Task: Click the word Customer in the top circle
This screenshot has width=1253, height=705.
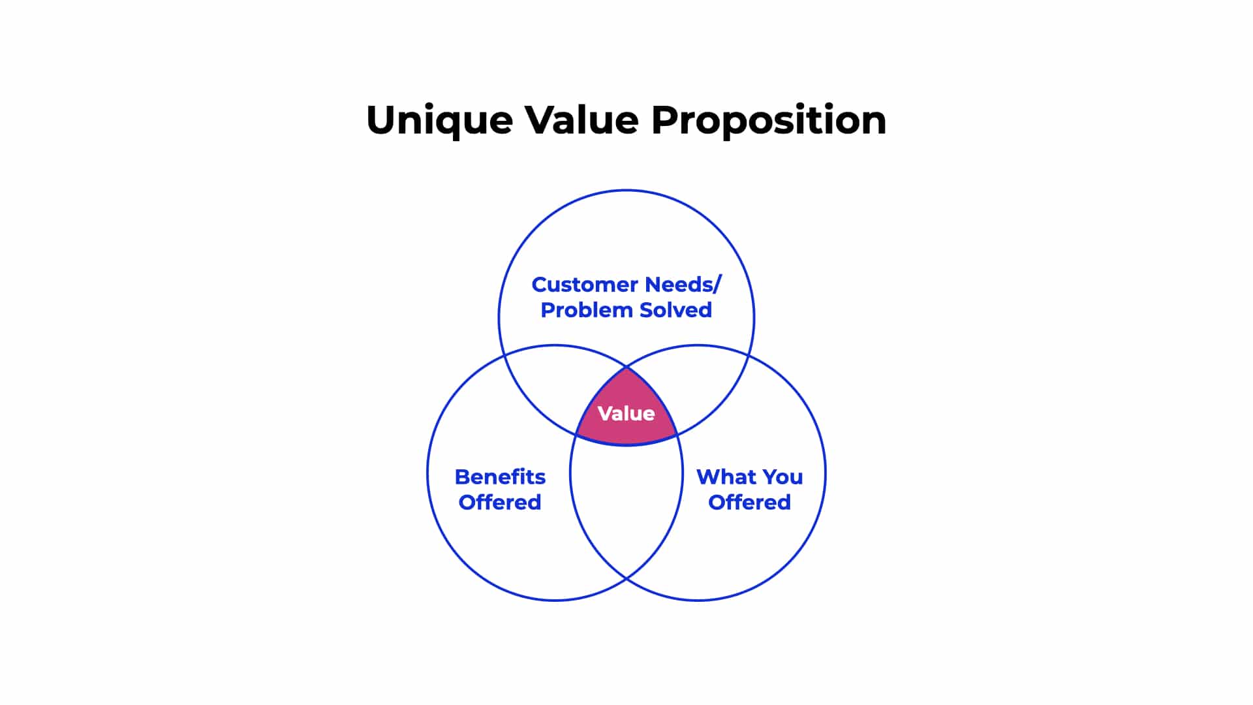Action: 584,285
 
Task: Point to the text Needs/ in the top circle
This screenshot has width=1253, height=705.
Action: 683,285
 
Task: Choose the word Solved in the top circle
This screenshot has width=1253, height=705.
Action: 675,310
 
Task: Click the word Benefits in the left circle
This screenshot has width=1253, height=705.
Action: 500,477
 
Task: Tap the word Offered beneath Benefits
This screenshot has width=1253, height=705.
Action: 500,502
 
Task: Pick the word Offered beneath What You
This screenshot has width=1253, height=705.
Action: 749,502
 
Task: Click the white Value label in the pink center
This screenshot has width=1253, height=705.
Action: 626,413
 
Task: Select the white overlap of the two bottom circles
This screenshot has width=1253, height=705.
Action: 626,503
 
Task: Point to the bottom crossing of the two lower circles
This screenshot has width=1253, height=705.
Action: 626,578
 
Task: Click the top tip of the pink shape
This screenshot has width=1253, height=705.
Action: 626,367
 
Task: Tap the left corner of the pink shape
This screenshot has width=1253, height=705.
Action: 576,433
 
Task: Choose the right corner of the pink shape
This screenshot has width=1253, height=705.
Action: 677,433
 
